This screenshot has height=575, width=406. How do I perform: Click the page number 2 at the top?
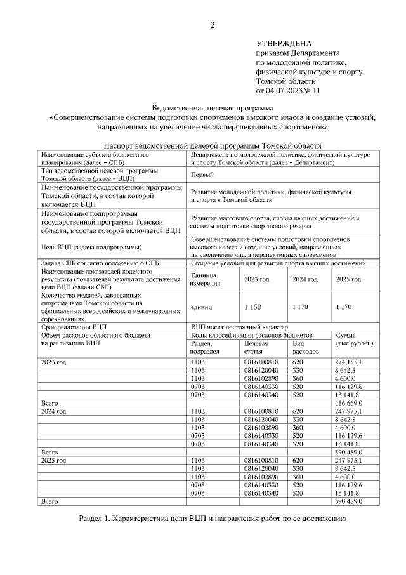tap(213, 25)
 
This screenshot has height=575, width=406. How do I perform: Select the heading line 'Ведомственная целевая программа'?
tap(212, 109)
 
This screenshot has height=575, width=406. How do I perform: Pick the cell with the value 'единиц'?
tap(202, 307)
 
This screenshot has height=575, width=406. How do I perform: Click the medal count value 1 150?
tap(252, 307)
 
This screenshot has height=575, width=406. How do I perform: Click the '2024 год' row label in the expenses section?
tap(54, 411)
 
